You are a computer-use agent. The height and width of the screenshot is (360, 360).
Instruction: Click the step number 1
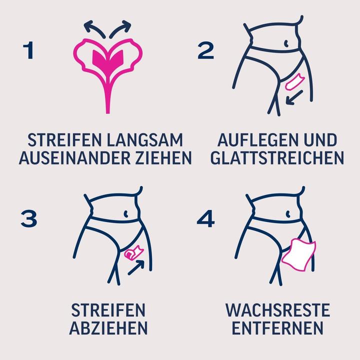click(28, 50)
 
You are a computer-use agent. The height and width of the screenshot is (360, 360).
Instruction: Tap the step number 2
click(205, 50)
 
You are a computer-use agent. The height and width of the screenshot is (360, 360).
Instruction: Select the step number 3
click(29, 219)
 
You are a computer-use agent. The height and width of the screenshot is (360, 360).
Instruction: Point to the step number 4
click(205, 219)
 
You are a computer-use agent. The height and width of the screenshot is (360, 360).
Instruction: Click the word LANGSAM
click(145, 140)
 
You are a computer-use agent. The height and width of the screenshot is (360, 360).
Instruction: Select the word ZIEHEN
click(163, 157)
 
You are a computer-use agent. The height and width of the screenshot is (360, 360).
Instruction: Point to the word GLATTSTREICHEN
click(277, 157)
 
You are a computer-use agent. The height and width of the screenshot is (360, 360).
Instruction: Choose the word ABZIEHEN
click(108, 328)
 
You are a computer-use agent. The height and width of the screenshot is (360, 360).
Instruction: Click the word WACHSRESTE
click(277, 310)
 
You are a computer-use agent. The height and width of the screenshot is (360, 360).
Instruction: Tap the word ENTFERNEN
click(277, 328)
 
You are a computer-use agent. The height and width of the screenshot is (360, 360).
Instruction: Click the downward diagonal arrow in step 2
click(294, 97)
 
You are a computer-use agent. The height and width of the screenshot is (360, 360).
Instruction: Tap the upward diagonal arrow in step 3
click(136, 267)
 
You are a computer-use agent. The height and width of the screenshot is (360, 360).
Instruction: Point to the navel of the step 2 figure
click(286, 43)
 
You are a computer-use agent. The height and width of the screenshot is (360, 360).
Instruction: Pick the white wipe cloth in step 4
click(298, 254)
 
